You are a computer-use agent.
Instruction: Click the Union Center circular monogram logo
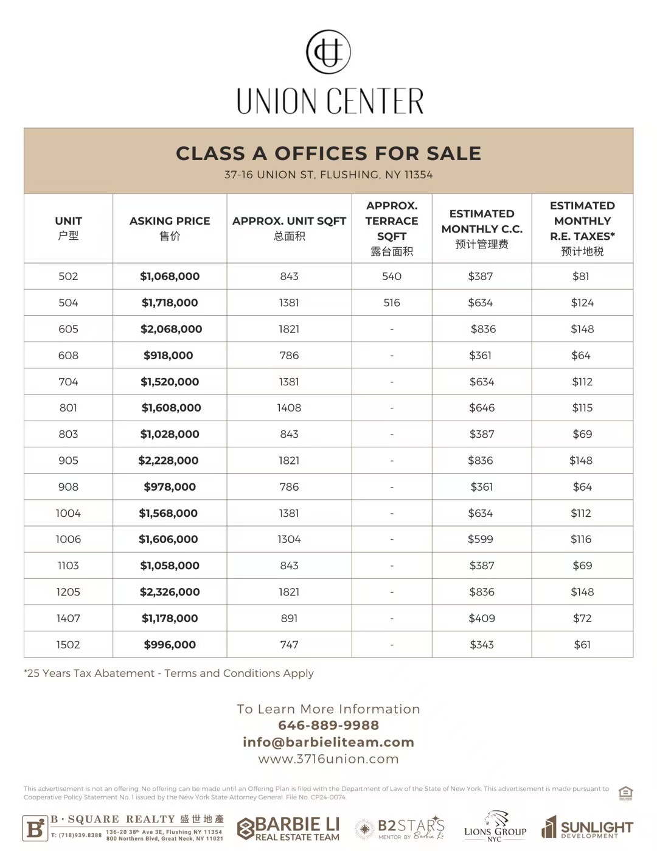[328, 52]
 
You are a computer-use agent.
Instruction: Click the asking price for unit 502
[170, 276]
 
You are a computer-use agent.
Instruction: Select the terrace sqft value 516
[392, 303]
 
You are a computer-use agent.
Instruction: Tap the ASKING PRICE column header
[170, 222]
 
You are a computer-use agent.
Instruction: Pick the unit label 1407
[68, 618]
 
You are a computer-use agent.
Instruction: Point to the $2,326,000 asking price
[170, 592]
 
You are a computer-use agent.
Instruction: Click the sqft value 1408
[289, 408]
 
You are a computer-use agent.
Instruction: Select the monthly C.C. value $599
[481, 539]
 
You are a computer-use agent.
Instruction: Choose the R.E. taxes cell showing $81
[581, 276]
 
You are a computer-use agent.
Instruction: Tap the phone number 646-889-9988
[328, 726]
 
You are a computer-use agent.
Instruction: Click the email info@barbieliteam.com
[328, 742]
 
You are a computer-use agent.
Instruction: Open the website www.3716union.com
[328, 759]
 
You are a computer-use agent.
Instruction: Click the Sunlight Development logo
[588, 827]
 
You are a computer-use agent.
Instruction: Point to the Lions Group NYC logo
[495, 827]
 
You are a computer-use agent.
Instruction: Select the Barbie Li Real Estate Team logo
[288, 828]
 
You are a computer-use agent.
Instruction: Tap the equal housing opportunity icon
[625, 793]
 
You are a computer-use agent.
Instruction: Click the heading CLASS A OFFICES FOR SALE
[328, 153]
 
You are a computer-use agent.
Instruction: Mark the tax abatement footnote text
[169, 673]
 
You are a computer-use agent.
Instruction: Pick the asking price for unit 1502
[170, 645]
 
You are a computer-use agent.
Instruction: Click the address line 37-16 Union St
[328, 175]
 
